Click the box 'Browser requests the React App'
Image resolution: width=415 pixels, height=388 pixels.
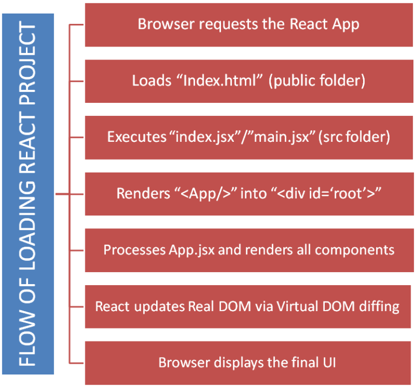click(249, 24)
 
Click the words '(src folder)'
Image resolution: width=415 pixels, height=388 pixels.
click(354, 137)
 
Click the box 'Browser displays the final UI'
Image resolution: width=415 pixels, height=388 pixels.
click(249, 363)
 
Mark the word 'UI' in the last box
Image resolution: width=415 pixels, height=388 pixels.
click(327, 362)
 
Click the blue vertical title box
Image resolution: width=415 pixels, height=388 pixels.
click(28, 194)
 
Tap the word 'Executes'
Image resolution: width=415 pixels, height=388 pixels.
click(136, 137)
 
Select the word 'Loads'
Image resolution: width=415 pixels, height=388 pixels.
click(148, 81)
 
